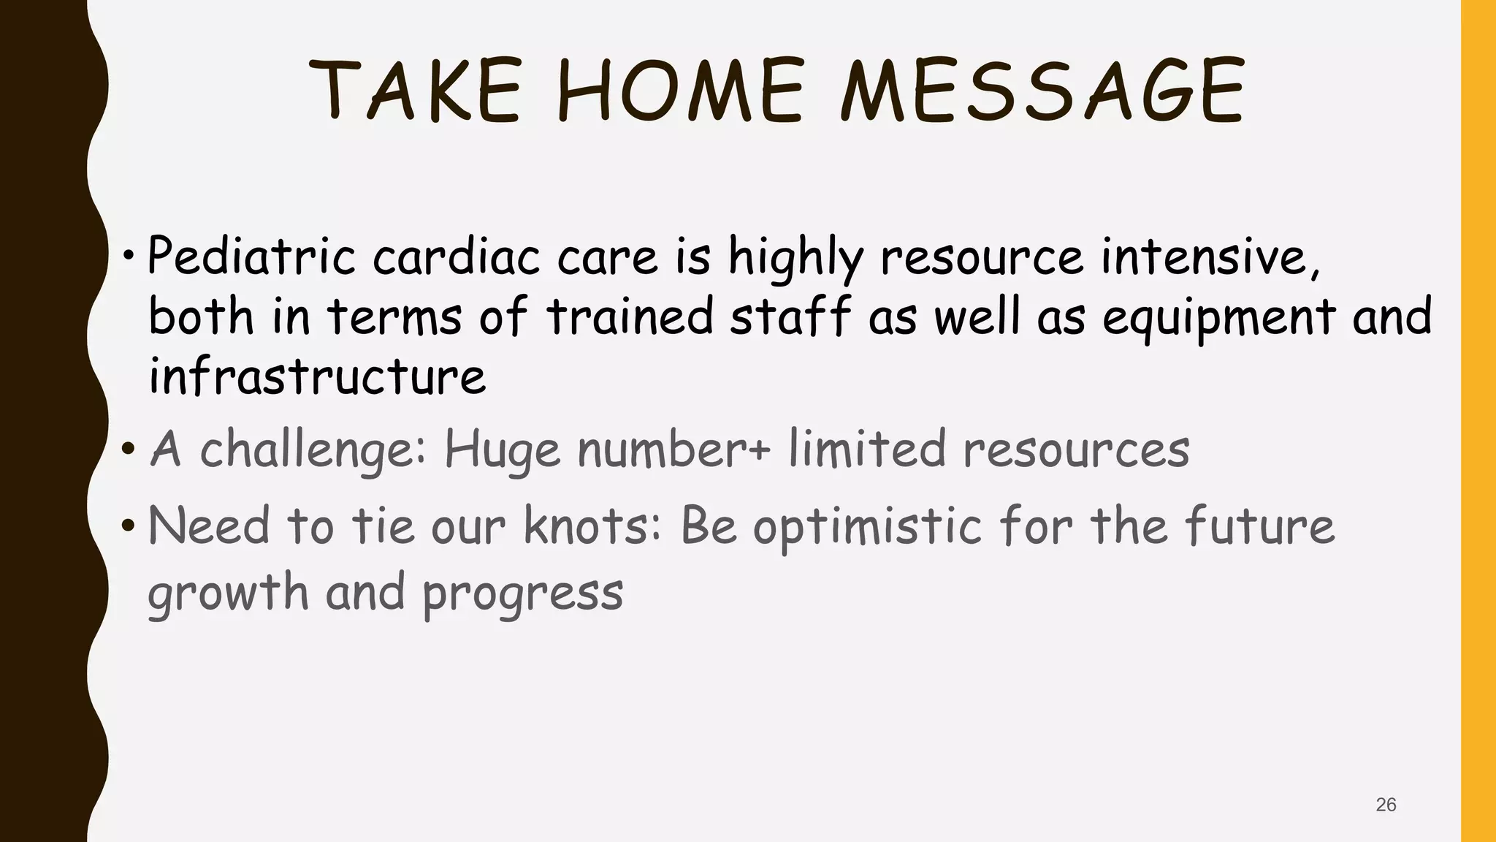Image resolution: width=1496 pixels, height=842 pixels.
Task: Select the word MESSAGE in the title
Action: click(x=1042, y=91)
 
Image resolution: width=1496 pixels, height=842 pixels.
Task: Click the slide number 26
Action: click(x=1386, y=805)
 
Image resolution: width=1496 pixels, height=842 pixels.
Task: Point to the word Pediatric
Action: click(x=251, y=257)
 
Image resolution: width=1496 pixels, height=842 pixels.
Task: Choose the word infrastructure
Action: click(x=317, y=377)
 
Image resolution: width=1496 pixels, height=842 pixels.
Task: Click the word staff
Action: click(x=790, y=317)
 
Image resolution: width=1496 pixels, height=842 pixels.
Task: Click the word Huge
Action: click(x=502, y=450)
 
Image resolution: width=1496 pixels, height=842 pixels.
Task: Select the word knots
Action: click(x=592, y=526)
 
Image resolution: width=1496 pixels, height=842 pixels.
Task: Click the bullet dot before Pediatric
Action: click(x=129, y=257)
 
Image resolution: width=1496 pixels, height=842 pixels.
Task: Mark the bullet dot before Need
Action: click(x=129, y=526)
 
